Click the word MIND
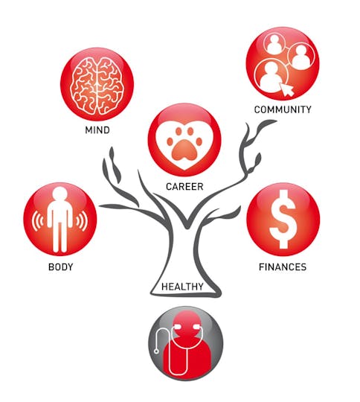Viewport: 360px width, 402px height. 97,130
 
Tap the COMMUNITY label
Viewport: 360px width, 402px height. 283,109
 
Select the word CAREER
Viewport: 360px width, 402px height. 184,186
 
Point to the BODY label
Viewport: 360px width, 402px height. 60,267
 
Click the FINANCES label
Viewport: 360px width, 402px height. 283,267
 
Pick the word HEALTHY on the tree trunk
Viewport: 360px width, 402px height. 182,287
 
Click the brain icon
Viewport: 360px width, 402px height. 97,86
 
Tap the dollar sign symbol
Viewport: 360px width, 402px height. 283,219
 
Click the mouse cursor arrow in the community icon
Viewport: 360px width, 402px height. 286,89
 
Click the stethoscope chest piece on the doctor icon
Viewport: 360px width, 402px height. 156,351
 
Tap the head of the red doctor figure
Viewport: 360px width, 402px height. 186,324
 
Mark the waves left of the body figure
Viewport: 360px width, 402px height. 38,221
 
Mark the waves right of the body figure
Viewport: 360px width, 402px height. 82,221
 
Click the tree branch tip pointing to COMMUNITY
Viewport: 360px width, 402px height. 276,121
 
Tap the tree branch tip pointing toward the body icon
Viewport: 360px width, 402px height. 100,205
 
